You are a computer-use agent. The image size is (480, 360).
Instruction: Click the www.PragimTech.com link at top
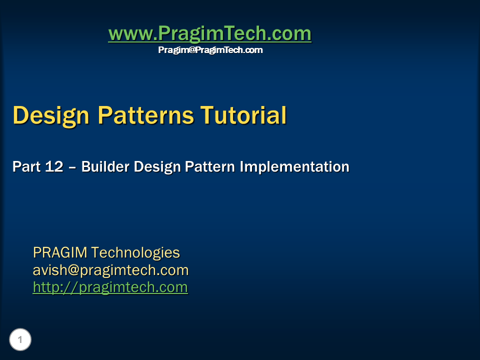(210, 33)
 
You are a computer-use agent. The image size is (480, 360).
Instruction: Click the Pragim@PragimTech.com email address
(210, 50)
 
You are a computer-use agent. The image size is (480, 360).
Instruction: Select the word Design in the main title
(51, 115)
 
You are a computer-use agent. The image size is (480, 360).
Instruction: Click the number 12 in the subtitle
(54, 166)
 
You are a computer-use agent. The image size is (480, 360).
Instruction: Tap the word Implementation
(294, 166)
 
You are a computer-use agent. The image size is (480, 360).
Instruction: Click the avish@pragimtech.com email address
(110, 270)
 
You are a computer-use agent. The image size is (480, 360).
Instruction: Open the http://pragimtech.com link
(110, 287)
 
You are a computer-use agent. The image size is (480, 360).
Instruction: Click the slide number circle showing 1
(20, 340)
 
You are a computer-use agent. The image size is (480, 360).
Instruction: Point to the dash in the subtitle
(72, 167)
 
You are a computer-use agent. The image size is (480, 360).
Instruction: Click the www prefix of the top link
(125, 34)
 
